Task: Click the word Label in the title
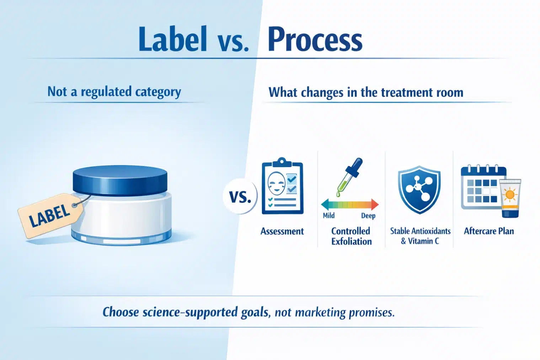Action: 173,39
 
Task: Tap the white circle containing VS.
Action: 240,196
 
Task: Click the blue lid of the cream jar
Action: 120,180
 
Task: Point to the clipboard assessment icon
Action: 282,186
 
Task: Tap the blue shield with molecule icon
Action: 419,189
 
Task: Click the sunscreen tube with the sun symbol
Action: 510,198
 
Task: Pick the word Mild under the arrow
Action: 328,215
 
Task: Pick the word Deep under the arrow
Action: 368,215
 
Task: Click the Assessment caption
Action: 282,231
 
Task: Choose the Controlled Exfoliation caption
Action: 351,236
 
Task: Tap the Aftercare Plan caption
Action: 489,231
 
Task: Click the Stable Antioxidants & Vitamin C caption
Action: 420,236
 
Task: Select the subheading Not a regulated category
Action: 114,92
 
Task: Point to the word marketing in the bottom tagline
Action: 320,312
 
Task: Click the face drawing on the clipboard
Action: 277,183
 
